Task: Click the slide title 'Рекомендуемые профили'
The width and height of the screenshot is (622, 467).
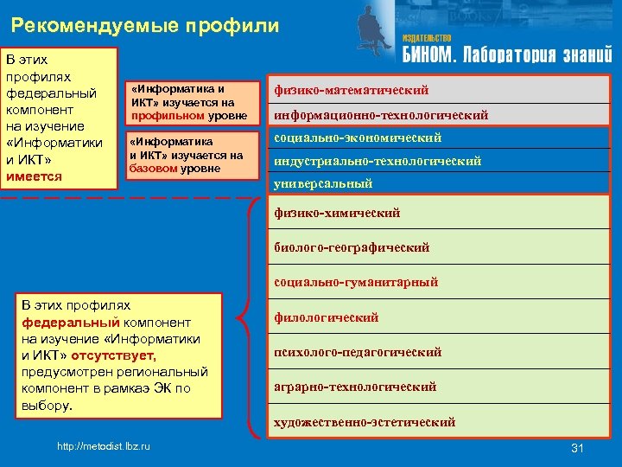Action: pyautogui.click(x=146, y=25)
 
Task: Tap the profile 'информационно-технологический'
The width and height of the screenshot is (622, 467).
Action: pyautogui.click(x=381, y=115)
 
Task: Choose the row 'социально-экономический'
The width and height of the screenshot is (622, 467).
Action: pyautogui.click(x=358, y=138)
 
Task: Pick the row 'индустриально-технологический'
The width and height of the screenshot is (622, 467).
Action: pyautogui.click(x=378, y=161)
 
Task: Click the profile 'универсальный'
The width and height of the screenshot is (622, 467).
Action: pyautogui.click(x=323, y=183)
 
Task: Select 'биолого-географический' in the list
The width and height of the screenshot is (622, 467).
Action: pyautogui.click(x=352, y=247)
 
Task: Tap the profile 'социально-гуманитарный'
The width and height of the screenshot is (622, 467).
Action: pyautogui.click(x=356, y=282)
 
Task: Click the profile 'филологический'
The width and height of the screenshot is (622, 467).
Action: pyautogui.click(x=327, y=317)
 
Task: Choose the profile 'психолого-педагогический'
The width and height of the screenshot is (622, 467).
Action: pyautogui.click(x=358, y=352)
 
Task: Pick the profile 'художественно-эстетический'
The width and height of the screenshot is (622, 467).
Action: pyautogui.click(x=365, y=422)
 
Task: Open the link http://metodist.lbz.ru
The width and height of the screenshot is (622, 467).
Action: pyautogui.click(x=103, y=445)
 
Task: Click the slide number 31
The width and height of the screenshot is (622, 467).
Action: pyautogui.click(x=578, y=447)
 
